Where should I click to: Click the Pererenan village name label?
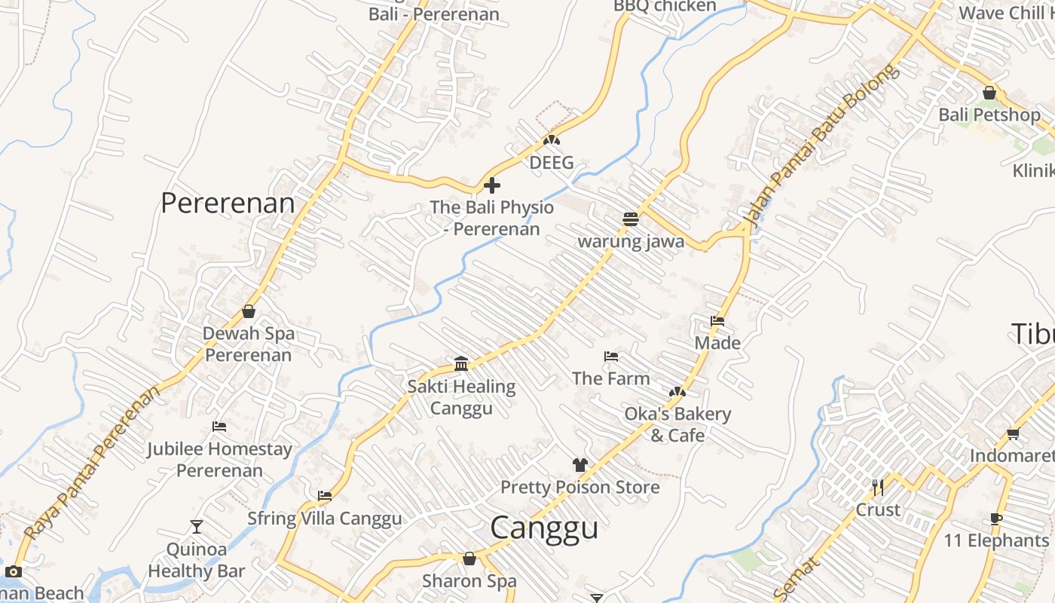pos(228,203)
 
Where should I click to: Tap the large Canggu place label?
pos(544,528)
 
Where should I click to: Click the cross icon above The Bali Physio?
pos(492,185)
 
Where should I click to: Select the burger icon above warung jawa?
pos(631,219)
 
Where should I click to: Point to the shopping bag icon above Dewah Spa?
pos(249,311)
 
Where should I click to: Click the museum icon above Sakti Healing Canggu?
pos(461,365)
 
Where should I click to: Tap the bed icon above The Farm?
pos(611,357)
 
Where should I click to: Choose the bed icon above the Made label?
pos(717,321)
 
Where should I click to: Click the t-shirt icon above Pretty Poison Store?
pos(579,465)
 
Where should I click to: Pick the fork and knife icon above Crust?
pos(878,488)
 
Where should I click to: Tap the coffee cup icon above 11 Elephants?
pos(996,519)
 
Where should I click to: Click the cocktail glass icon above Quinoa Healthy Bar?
pos(197,527)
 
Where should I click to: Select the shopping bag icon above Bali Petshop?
pos(989,93)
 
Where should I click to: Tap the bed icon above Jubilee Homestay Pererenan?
pos(219,427)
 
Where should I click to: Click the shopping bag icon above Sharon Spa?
pos(469,559)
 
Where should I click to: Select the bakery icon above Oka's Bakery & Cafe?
pos(677,392)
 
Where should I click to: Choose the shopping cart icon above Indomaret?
pos(1013,433)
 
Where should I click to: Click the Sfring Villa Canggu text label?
pos(325,519)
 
